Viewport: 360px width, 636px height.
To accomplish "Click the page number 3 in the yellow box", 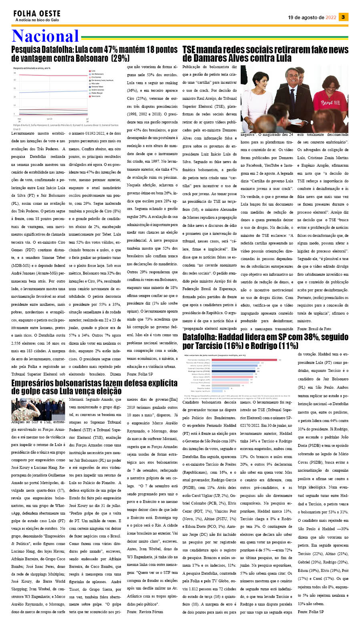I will pyautogui.click(x=343, y=17).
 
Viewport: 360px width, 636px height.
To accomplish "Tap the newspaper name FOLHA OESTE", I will pyautogui.click(x=37, y=14).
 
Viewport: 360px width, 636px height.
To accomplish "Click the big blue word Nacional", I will pyautogui.click(x=45, y=36).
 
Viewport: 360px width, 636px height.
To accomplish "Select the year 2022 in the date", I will pyautogui.click(x=331, y=18).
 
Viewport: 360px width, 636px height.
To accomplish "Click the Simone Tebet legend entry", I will pyautogui.click(x=97, y=87).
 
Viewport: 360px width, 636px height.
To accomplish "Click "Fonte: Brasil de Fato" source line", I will pyautogui.click(x=314, y=329).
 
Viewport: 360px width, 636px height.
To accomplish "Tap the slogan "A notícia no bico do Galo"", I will pyautogui.click(x=37, y=20).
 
